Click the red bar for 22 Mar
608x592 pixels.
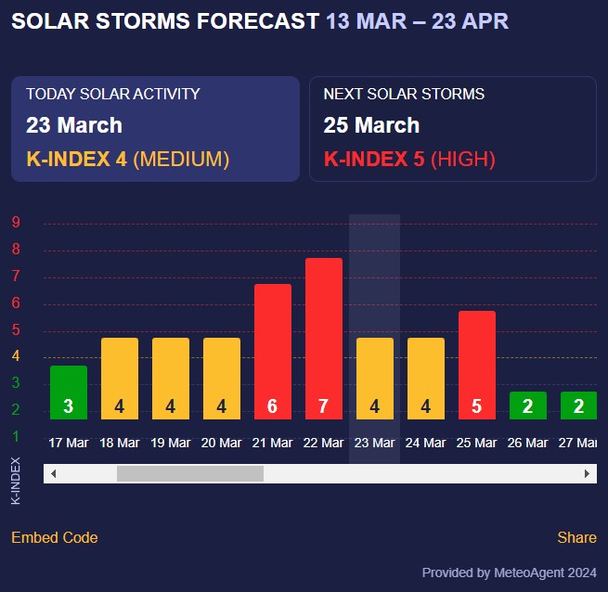point(324,338)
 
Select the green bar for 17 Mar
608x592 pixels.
point(69,392)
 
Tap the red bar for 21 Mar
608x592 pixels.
point(273,351)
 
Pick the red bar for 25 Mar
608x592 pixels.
point(477,365)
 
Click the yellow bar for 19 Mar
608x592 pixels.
point(171,378)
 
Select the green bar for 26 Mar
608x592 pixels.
point(528,405)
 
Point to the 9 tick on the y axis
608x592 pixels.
point(16,223)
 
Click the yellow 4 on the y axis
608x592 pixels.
point(16,356)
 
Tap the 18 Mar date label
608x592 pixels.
point(120,444)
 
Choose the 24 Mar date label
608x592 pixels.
point(426,444)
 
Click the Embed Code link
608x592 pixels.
point(55,538)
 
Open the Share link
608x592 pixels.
point(576,538)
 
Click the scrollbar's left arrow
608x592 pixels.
point(53,474)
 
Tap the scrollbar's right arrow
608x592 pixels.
point(587,474)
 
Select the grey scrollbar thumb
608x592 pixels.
point(190,474)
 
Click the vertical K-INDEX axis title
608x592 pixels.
point(16,480)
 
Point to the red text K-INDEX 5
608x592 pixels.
point(374,160)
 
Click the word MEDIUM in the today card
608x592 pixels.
point(181,160)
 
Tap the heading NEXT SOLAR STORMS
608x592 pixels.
point(404,95)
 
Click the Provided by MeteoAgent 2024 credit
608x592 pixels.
point(509,573)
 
